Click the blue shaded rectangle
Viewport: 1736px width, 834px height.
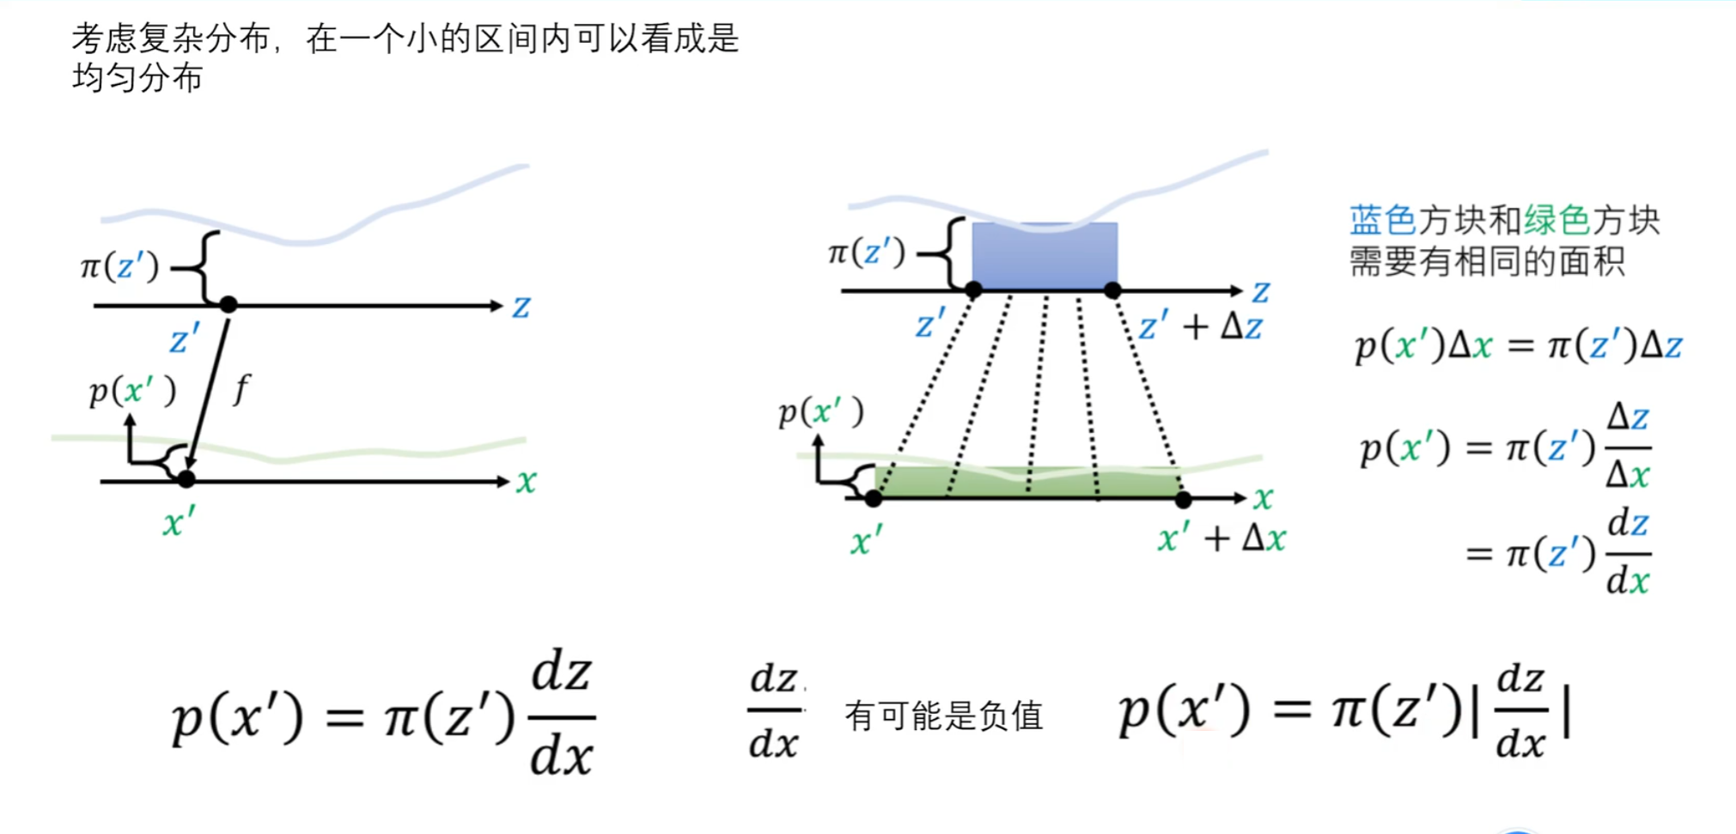tap(1045, 256)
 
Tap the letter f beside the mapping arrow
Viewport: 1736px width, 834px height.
tap(241, 388)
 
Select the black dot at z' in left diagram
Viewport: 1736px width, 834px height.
tap(228, 304)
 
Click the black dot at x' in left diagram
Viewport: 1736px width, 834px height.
tap(186, 479)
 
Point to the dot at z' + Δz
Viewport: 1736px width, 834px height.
tap(1112, 290)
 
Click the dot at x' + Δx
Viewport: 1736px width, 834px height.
tap(1183, 499)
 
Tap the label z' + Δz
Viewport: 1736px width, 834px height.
tap(1200, 326)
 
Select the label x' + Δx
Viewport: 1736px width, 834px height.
tap(1221, 539)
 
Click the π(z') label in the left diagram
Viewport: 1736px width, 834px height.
tap(119, 266)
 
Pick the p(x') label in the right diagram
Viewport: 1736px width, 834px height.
tap(820, 412)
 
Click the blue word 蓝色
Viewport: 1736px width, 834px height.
tap(1382, 221)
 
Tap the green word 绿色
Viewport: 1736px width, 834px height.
tap(1556, 221)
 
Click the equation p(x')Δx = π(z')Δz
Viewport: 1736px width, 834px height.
tap(1518, 345)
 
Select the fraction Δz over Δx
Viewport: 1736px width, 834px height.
tap(1628, 445)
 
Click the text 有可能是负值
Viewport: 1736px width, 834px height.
tap(943, 715)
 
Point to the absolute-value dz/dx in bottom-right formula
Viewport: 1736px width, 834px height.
tap(1521, 711)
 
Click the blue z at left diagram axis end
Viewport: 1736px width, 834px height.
tap(521, 307)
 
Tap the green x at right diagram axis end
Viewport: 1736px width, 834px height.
tap(1263, 497)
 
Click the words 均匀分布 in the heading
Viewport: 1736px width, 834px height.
tap(137, 78)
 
